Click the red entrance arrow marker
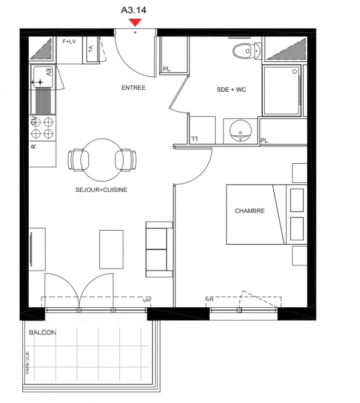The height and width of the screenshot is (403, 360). tap(135, 22)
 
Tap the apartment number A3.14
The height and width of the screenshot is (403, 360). tap(134, 10)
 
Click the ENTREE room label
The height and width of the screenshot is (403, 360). tap(133, 88)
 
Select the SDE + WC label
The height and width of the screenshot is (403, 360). tap(231, 90)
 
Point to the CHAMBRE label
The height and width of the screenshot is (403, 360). tap(250, 211)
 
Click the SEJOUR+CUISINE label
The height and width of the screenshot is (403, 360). tap(101, 190)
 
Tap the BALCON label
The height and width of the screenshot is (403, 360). tap(42, 332)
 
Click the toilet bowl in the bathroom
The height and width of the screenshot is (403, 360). tap(242, 51)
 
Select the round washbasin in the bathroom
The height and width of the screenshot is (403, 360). tap(241, 130)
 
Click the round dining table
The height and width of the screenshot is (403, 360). tap(102, 160)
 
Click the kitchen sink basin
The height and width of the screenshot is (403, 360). tap(43, 77)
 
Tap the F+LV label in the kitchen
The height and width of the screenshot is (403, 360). tap(69, 41)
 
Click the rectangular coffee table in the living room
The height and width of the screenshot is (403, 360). tap(111, 249)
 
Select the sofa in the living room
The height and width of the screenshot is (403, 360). tap(159, 249)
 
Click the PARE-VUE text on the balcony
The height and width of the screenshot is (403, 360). tap(28, 363)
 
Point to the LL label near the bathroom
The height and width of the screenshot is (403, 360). tap(194, 139)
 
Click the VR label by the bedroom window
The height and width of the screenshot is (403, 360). tap(210, 300)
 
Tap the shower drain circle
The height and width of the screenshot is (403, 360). tap(294, 72)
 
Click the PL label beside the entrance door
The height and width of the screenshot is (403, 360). tap(167, 69)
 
